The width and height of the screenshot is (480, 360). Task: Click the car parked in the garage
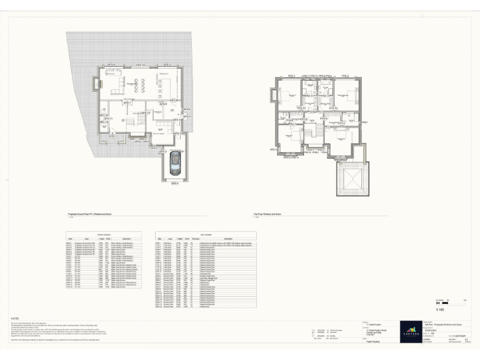(x=173, y=167)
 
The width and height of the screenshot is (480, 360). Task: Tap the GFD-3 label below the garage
(x=174, y=184)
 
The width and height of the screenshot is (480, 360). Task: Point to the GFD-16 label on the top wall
(x=140, y=65)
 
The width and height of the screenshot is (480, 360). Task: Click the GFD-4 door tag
(x=186, y=116)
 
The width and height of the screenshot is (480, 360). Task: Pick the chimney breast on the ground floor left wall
(x=96, y=83)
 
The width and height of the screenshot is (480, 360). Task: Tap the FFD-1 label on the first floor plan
(x=292, y=76)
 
